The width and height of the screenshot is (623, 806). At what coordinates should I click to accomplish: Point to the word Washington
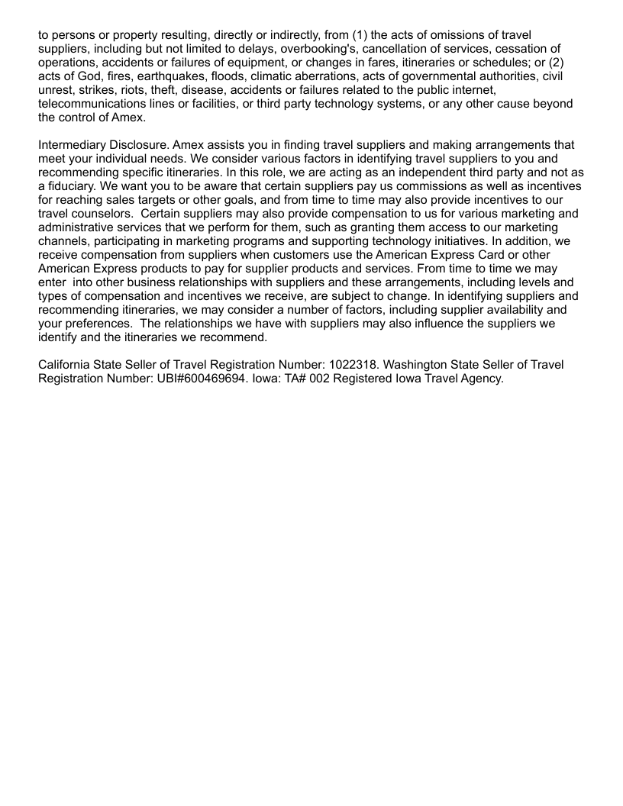[x=442, y=364]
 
